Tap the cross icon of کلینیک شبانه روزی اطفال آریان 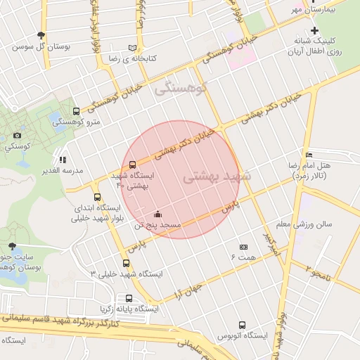[x=314, y=30]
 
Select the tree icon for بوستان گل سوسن [x=43, y=35]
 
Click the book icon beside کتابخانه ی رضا [x=131, y=49]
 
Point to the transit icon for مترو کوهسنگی [x=76, y=112]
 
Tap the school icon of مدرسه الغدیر [x=63, y=160]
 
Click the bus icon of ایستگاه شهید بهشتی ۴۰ [x=134, y=165]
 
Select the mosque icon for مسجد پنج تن [x=157, y=214]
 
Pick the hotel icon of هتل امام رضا [x=309, y=155]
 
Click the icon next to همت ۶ [x=244, y=247]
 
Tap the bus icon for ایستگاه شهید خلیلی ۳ [x=126, y=263]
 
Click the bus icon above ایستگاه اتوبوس [x=242, y=326]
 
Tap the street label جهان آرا [x=188, y=290]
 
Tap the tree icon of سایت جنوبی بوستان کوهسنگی [x=12, y=245]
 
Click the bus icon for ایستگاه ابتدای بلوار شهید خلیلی [x=97, y=198]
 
